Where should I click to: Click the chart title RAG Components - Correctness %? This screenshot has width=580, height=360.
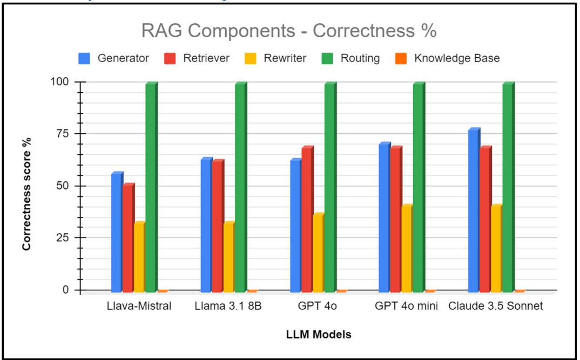point(289,31)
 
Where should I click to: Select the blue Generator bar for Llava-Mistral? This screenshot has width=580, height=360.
point(116,232)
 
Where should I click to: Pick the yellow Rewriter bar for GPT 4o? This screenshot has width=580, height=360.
point(318,253)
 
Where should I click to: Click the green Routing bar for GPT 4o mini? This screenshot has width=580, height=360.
point(418,187)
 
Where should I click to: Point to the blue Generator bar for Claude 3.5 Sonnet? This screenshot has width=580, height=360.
point(473,210)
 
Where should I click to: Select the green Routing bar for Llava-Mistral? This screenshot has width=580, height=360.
point(151,187)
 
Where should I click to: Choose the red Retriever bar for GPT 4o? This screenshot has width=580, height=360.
point(306,219)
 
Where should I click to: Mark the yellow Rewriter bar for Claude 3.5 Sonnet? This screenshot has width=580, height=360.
point(496,248)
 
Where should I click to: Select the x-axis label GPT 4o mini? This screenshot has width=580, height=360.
point(406,306)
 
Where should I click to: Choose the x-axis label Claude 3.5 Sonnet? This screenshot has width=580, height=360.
point(495,306)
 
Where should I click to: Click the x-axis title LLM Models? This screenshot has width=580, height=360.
point(319,335)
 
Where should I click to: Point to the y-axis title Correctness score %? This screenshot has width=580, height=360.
point(26,194)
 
